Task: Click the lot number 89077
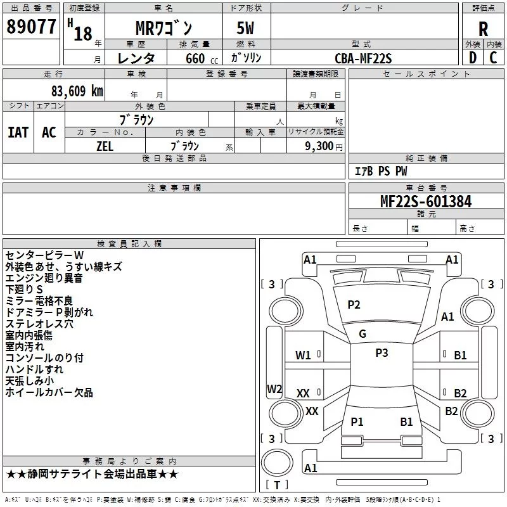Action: (x=31, y=27)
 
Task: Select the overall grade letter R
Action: (x=483, y=29)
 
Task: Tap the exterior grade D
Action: (x=473, y=58)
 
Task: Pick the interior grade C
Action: (x=493, y=58)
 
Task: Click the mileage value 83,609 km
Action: (x=77, y=91)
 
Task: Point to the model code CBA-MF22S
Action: (x=363, y=58)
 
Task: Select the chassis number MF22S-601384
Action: (x=426, y=202)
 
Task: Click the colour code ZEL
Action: (x=105, y=146)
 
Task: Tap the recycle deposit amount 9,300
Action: (x=319, y=146)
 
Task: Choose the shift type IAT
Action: (x=18, y=132)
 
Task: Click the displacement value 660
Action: (x=195, y=58)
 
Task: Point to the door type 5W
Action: (x=245, y=28)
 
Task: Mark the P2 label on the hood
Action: (x=354, y=305)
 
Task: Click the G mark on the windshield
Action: (x=363, y=334)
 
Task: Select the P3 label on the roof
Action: (x=382, y=353)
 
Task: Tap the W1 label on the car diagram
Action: (x=303, y=356)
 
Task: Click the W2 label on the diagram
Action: (x=274, y=388)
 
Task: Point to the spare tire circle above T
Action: (x=277, y=462)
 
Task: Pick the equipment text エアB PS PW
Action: (x=381, y=171)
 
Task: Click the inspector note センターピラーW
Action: (x=44, y=255)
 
